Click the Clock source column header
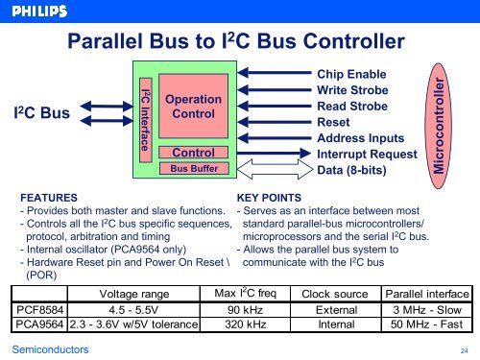click(x=335, y=292)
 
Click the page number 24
click(x=464, y=351)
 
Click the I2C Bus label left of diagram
click(x=38, y=114)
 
